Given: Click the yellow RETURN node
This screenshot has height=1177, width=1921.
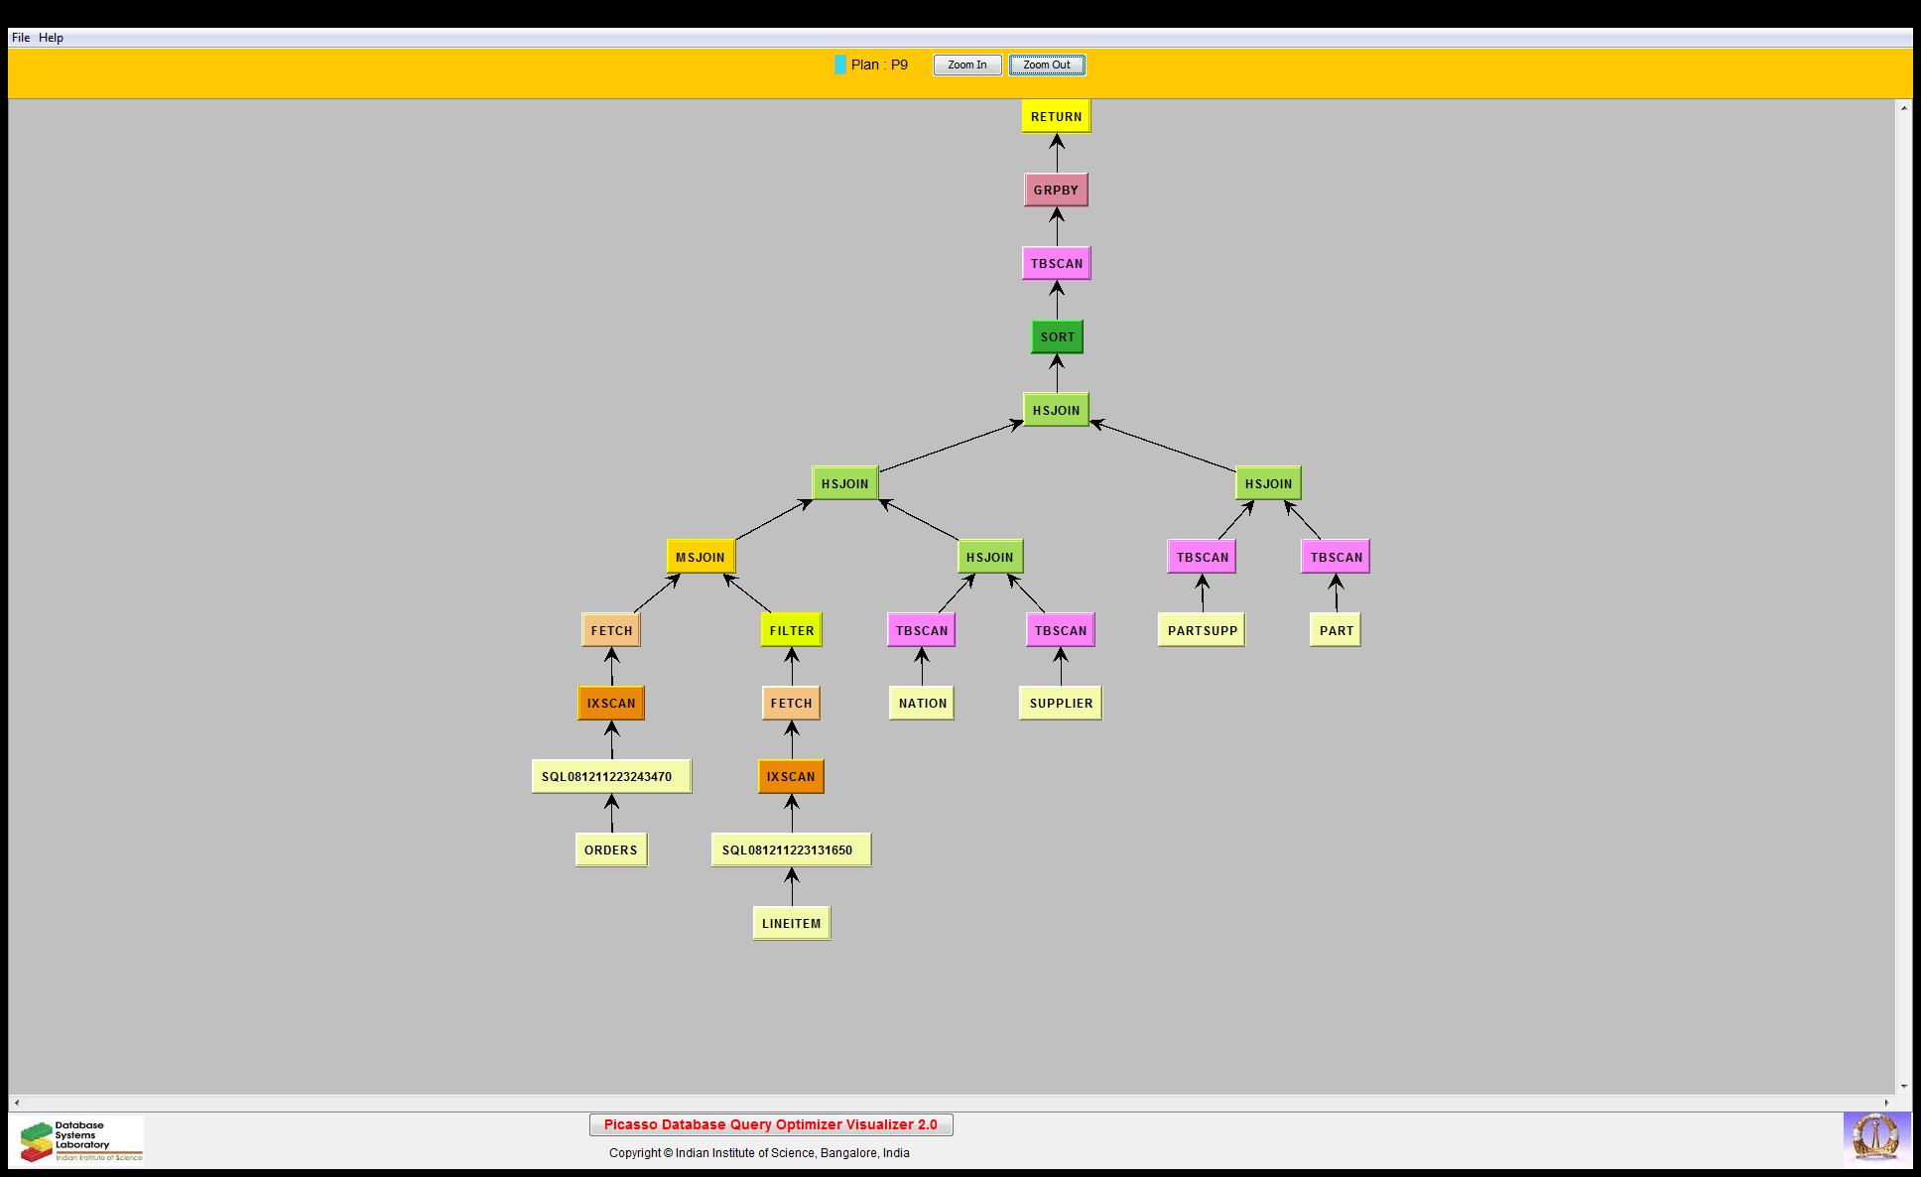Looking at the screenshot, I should point(1056,116).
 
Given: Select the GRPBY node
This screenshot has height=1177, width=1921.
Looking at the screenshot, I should point(1056,190).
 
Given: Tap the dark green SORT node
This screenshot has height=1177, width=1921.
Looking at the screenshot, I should point(1057,336).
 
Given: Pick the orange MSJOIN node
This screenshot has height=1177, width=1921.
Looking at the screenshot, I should point(701,557).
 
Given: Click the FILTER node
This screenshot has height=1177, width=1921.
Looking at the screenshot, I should point(791,630).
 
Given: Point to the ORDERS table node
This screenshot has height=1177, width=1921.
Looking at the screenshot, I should point(610,850).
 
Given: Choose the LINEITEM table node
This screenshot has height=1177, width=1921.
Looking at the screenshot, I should point(791,923).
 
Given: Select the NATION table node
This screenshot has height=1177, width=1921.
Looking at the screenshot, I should point(922,703).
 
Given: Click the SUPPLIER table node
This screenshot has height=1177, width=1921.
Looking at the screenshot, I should point(1061,703).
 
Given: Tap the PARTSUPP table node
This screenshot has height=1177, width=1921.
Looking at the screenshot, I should point(1202,630).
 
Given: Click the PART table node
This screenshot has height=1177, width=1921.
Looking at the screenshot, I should point(1336,630).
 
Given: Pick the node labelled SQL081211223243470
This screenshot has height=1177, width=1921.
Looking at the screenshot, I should point(611,776).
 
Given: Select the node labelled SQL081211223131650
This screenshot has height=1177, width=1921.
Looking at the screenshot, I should point(791,850).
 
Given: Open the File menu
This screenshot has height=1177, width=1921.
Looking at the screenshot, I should point(21,38).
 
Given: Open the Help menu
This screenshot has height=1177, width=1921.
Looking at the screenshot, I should point(51,38).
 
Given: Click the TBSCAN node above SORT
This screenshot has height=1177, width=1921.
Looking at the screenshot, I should point(1056,263).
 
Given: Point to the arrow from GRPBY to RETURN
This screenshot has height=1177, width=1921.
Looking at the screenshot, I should point(1056,153).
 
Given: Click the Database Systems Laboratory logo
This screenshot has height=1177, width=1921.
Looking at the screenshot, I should point(77,1140).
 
